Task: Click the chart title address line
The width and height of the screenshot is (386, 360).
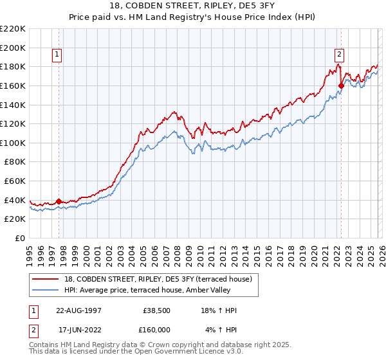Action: (192, 6)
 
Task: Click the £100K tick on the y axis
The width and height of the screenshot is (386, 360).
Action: (13, 143)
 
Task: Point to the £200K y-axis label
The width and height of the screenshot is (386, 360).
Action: (13, 48)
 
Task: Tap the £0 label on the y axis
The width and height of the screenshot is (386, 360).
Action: (19, 239)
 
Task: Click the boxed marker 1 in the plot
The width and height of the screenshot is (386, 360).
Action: (58, 55)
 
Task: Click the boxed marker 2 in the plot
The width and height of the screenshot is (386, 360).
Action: (339, 55)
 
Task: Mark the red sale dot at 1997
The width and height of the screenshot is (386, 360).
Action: (59, 201)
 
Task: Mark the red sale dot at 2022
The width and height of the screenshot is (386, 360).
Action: (341, 85)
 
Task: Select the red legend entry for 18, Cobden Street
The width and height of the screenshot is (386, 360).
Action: (153, 278)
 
